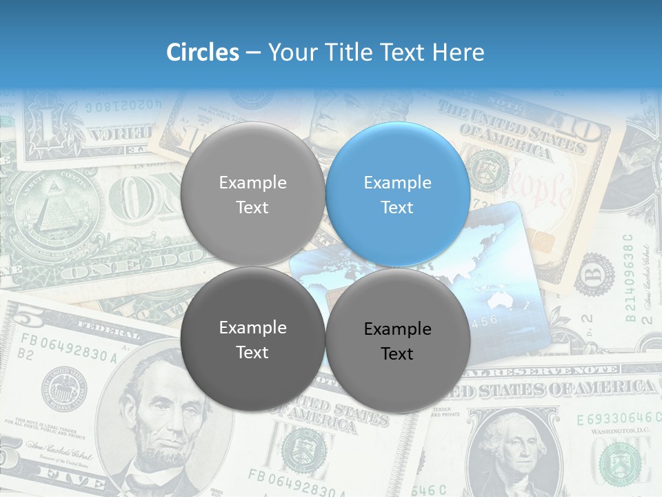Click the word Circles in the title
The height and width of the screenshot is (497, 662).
coord(203,52)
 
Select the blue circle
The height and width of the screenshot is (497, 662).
coord(398,195)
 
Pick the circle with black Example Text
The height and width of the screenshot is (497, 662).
coord(398,341)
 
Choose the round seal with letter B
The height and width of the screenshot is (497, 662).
coord(594,273)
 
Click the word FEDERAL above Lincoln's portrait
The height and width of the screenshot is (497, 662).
coord(111,332)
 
